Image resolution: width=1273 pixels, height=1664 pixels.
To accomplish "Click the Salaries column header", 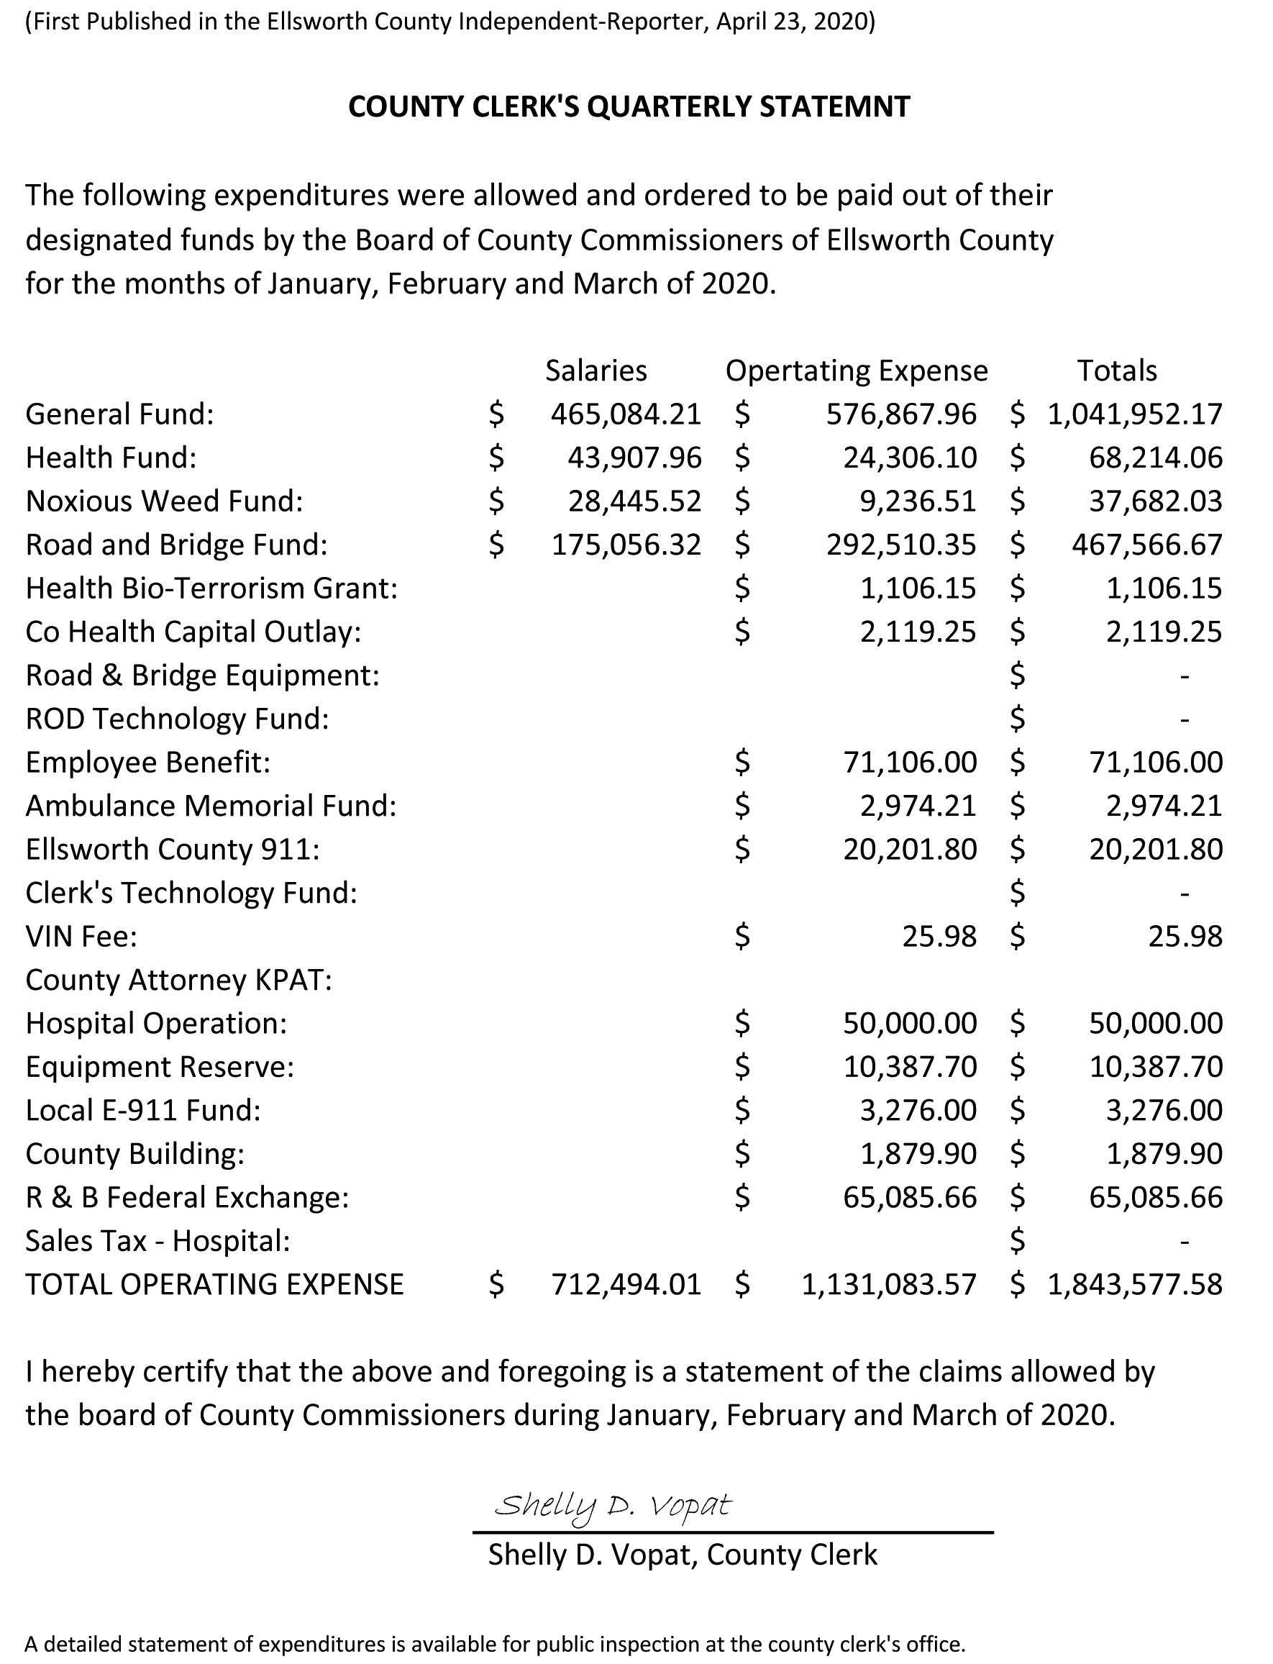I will (596, 370).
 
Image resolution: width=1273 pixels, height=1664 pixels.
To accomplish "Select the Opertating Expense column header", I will (857, 370).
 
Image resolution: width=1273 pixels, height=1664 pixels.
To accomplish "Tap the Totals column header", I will (1117, 370).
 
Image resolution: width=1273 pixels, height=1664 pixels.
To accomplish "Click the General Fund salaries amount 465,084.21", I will (626, 414).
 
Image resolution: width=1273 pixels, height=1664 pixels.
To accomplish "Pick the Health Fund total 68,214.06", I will (1156, 458).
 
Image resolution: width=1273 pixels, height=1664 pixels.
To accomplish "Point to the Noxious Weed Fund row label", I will (165, 501).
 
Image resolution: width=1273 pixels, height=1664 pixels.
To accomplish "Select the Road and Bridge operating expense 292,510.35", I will (901, 545).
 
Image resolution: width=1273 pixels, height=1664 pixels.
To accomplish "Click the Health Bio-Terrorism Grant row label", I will (211, 588).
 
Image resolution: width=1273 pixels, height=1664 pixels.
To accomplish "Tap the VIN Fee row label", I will (81, 937).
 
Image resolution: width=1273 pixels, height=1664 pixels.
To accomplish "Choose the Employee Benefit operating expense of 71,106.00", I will (910, 763).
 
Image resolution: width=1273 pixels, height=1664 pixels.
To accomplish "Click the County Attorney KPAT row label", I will (179, 981).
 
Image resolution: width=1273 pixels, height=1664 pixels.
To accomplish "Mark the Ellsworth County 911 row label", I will (173, 850).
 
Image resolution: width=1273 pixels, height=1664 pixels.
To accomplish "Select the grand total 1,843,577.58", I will (1134, 1284).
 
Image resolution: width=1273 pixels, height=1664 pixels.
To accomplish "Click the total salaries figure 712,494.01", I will (626, 1284).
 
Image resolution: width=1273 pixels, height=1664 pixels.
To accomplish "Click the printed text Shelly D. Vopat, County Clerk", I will (682, 1555).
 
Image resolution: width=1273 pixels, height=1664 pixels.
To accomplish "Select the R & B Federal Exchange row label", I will (187, 1197).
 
